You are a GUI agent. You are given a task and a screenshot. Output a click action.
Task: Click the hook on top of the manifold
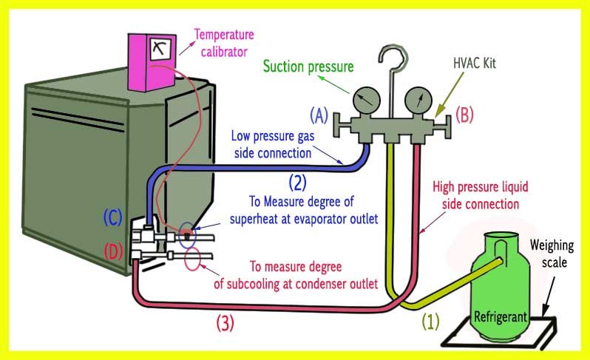(x=389, y=59)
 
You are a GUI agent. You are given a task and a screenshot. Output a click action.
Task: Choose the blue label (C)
(x=111, y=218)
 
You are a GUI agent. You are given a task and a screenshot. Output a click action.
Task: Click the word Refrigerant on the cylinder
(x=501, y=316)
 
